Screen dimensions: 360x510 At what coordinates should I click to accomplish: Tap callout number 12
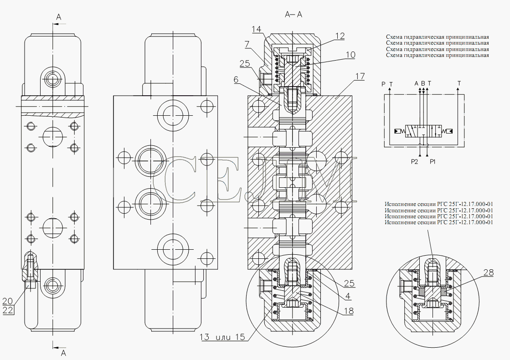pyautogui.click(x=340, y=36)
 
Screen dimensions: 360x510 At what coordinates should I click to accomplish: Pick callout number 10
pyautogui.click(x=350, y=55)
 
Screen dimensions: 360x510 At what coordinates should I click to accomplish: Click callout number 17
pyautogui.click(x=360, y=76)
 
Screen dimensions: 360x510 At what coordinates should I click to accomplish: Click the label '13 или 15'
pyautogui.click(x=222, y=337)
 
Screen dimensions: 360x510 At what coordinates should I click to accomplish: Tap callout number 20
pyautogui.click(x=8, y=301)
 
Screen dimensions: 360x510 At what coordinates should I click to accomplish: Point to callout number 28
pyautogui.click(x=488, y=273)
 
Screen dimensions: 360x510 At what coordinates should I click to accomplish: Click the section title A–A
pyautogui.click(x=294, y=15)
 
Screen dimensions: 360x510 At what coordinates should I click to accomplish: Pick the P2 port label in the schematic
pyautogui.click(x=414, y=161)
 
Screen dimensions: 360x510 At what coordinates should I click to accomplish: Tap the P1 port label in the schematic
pyautogui.click(x=433, y=161)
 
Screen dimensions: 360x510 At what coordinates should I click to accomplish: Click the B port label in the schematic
pyautogui.click(x=423, y=83)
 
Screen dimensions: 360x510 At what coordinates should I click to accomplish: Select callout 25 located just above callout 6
pyautogui.click(x=245, y=63)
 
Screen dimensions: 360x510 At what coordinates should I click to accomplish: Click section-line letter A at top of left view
pyautogui.click(x=58, y=17)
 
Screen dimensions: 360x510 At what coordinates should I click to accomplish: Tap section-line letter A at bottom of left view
pyautogui.click(x=64, y=352)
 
